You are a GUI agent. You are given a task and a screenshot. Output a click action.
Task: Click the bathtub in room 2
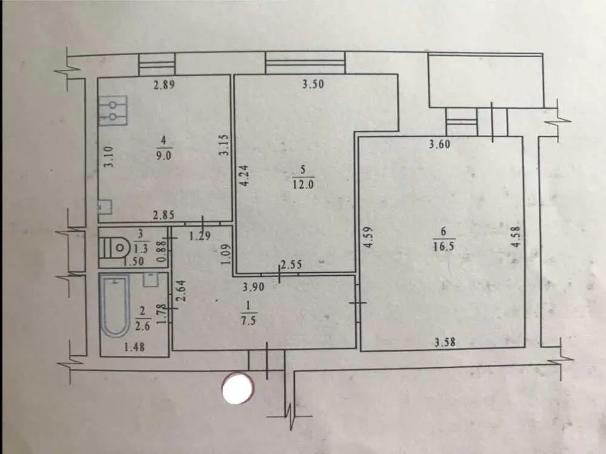pyautogui.click(x=115, y=305)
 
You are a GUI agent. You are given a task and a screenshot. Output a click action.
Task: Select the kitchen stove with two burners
pyautogui.click(x=113, y=110)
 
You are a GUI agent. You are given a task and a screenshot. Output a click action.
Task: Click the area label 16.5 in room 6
pyautogui.click(x=443, y=246)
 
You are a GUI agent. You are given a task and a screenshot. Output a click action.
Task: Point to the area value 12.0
pyautogui.click(x=303, y=184)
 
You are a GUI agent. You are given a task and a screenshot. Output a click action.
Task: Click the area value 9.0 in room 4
pyautogui.click(x=164, y=155)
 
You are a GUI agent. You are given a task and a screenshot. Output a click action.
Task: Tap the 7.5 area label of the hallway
pyautogui.click(x=248, y=320)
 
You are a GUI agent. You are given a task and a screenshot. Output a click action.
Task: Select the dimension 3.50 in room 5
pyautogui.click(x=312, y=84)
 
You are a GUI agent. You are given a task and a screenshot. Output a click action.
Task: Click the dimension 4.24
pyautogui.click(x=245, y=176)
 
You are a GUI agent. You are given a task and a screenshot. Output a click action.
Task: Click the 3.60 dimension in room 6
pyautogui.click(x=439, y=144)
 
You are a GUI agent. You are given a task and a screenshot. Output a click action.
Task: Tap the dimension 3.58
pyautogui.click(x=445, y=342)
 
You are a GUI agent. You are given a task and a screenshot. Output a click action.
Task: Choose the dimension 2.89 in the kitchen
pyautogui.click(x=164, y=84)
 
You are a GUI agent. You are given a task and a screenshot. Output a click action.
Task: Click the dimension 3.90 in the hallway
pyautogui.click(x=254, y=287)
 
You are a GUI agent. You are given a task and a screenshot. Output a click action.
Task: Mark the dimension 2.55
pyautogui.click(x=291, y=265)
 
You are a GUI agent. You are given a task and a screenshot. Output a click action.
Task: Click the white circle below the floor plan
pyautogui.click(x=238, y=388)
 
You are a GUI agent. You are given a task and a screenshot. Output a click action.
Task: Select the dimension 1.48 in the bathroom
pyautogui.click(x=135, y=347)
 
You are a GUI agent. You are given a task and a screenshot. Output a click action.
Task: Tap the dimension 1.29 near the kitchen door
pyautogui.click(x=200, y=236)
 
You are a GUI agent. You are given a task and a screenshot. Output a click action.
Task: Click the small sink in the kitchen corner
pyautogui.click(x=105, y=207)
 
